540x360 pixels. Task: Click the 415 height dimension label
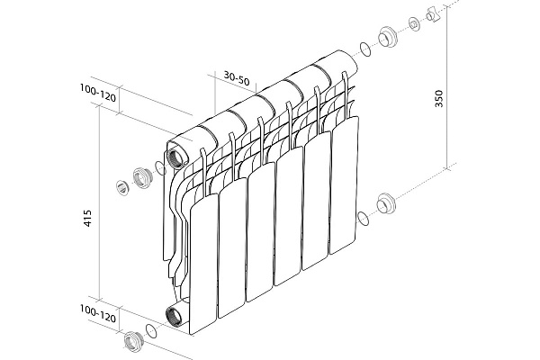(x=88, y=218)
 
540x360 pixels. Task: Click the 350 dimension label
(x=439, y=98)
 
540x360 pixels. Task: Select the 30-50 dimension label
(x=236, y=78)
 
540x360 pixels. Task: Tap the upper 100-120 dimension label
(x=98, y=93)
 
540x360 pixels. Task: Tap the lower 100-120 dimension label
(x=98, y=313)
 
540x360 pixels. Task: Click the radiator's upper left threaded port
(x=175, y=157)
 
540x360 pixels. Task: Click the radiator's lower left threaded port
(x=174, y=316)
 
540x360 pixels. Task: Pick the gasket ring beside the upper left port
(x=160, y=167)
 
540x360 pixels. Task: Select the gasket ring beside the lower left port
(x=151, y=330)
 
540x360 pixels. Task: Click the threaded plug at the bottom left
(x=133, y=341)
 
